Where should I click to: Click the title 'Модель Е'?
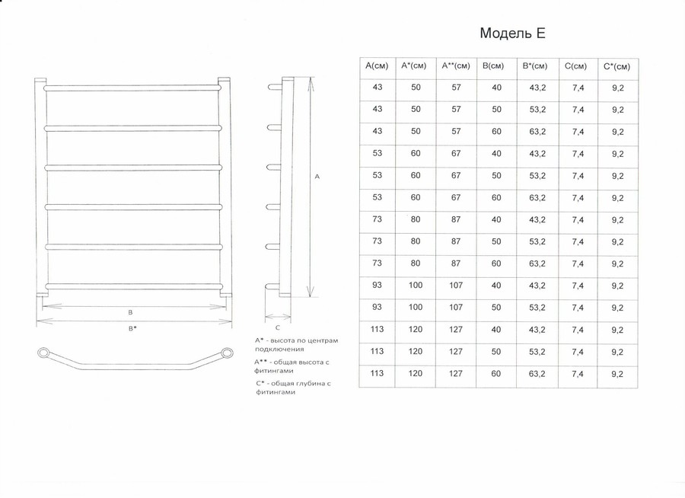tap(512, 34)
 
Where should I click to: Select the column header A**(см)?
tap(456, 66)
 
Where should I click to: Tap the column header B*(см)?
tap(535, 66)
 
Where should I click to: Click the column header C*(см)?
tap(616, 66)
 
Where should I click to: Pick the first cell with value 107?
tap(456, 285)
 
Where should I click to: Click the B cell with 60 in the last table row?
tap(495, 373)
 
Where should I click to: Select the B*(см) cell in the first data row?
tap(537, 88)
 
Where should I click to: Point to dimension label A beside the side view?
tap(317, 177)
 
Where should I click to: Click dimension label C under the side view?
tap(277, 327)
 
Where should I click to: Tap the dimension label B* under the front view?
tap(132, 328)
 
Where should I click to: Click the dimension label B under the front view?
tap(130, 313)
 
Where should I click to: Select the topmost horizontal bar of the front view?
tap(132, 88)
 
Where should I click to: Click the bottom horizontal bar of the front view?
tap(133, 287)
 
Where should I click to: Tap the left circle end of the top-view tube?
tap(43, 353)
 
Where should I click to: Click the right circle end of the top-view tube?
tap(227, 353)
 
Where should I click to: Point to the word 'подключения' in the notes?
tap(279, 350)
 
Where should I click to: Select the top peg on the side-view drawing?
tap(275, 87)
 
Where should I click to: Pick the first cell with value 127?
tap(456, 329)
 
